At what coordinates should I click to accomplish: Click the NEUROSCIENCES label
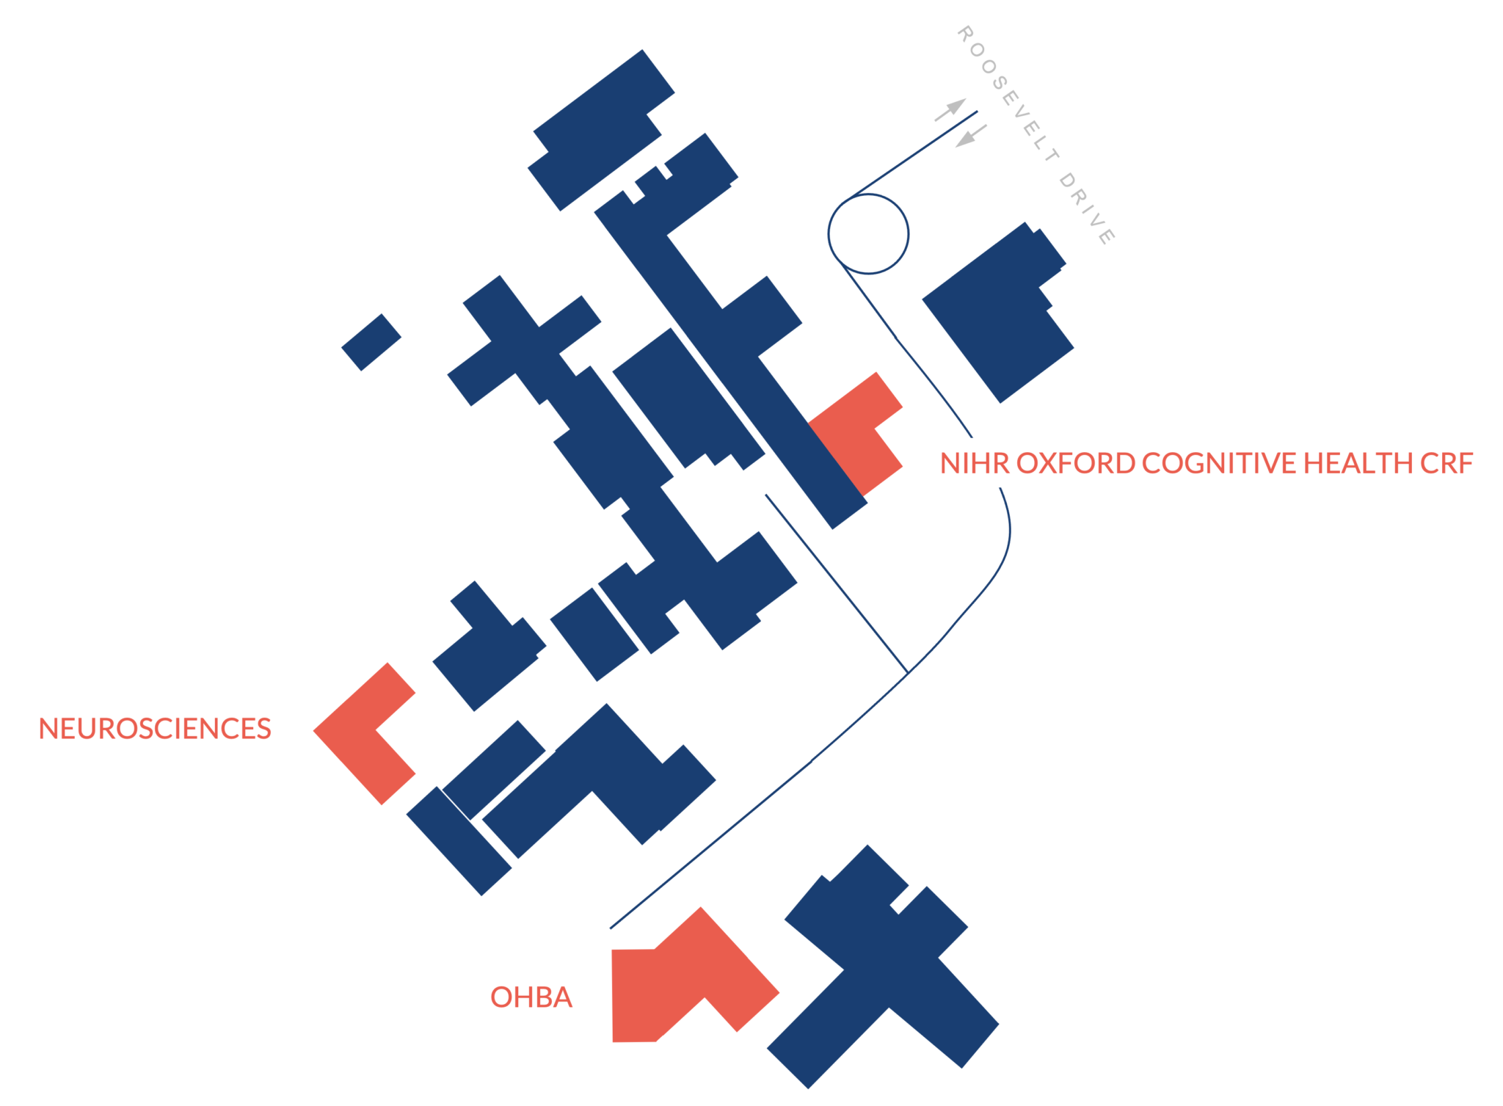155,729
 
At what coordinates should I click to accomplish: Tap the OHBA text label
531,997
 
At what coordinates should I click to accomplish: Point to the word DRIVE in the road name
1087,208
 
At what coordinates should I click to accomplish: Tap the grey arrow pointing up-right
951,109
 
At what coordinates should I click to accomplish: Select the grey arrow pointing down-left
970,137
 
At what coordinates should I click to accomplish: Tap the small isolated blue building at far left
371,342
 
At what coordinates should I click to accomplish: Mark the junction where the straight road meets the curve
908,672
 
